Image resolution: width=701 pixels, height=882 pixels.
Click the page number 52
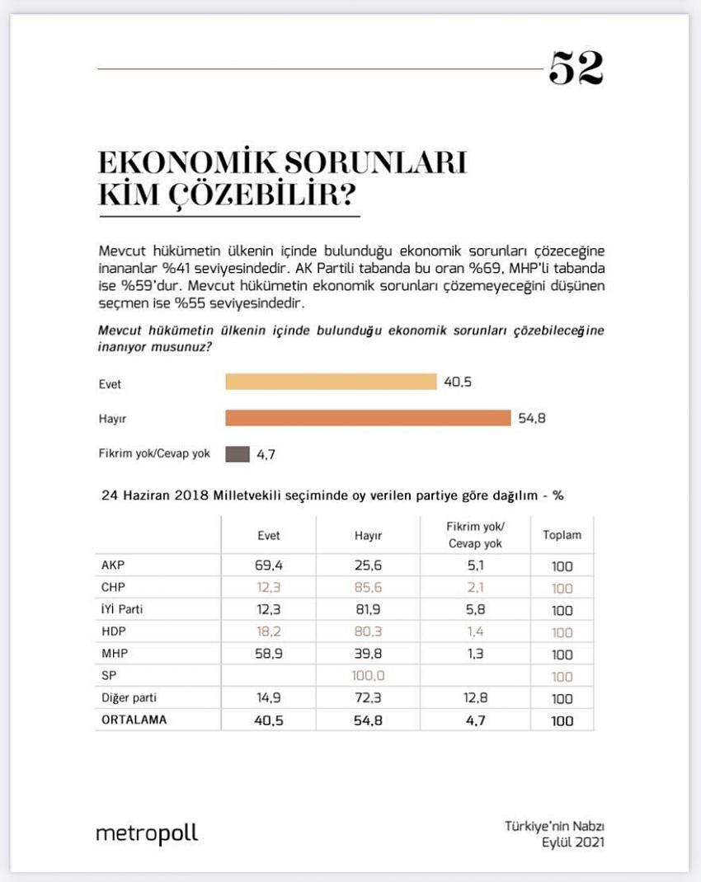pos(576,68)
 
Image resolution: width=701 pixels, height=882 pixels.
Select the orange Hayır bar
pos(368,418)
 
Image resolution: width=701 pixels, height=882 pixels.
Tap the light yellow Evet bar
pos(331,382)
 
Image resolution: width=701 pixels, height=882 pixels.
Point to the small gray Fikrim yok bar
pos(238,453)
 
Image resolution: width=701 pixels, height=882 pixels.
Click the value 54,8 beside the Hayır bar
pos(532,418)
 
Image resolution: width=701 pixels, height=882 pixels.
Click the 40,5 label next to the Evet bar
pos(458,382)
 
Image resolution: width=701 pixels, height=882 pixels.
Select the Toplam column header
pos(562,535)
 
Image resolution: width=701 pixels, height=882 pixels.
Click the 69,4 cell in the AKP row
pos(269,567)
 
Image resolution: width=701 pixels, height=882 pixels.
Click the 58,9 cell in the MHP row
pos(269,654)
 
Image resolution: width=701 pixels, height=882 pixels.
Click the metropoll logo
pos(147,833)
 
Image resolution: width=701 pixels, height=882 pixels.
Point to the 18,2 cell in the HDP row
pos(269,632)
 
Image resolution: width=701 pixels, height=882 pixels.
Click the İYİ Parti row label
pos(125,611)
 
